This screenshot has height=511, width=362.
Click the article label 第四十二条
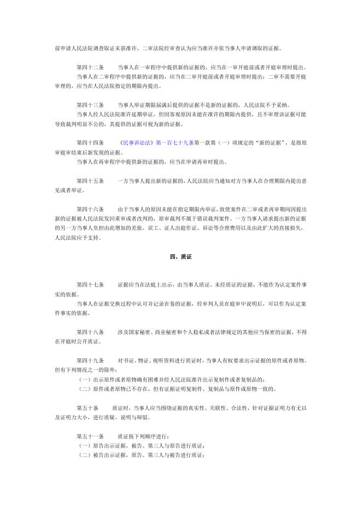(90, 67)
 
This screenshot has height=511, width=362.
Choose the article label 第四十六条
(90, 209)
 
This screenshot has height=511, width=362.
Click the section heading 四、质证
(180, 257)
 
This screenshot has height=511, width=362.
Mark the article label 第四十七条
(90, 285)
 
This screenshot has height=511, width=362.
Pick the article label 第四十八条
(90, 332)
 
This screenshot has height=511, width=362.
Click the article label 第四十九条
(90, 361)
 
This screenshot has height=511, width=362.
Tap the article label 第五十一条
(90, 437)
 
